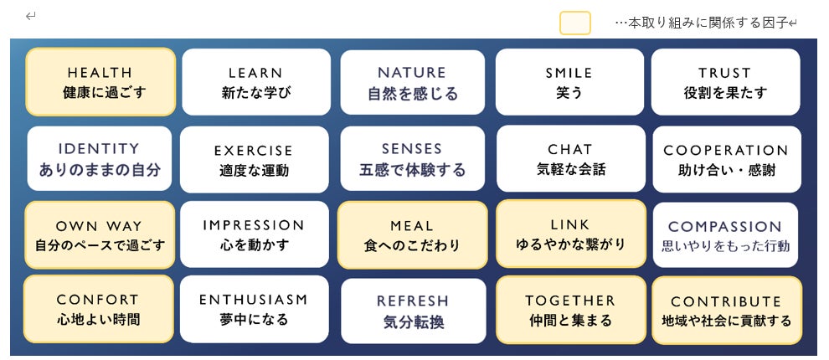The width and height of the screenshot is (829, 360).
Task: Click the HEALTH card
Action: click(100, 82)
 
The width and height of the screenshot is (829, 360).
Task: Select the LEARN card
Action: click(255, 82)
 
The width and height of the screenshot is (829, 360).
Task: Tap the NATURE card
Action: click(412, 83)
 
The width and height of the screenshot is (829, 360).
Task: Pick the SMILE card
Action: click(569, 82)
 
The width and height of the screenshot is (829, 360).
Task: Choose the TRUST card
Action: click(724, 82)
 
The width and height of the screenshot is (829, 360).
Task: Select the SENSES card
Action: click(412, 159)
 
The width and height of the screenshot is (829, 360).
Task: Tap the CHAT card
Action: click(569, 159)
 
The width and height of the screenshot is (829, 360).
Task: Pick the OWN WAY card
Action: click(100, 235)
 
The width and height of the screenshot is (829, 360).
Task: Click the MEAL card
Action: click(412, 235)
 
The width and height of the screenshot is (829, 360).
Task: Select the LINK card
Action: click(570, 234)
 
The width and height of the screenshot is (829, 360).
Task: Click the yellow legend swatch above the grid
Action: click(575, 23)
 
